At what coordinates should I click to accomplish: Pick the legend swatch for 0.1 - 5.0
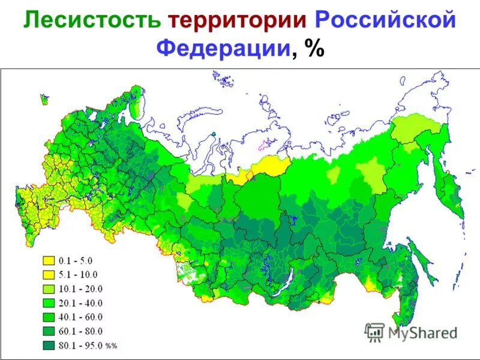point(47,261)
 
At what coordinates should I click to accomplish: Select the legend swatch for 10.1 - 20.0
point(47,289)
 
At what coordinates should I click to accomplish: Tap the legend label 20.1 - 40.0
point(79,303)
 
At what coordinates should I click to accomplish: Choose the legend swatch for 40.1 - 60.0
point(47,317)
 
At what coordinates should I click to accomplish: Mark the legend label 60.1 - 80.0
point(79,331)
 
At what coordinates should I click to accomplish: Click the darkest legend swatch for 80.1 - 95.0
point(47,345)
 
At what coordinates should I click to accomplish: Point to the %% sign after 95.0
point(111,346)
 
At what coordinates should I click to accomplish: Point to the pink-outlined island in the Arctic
point(266,145)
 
